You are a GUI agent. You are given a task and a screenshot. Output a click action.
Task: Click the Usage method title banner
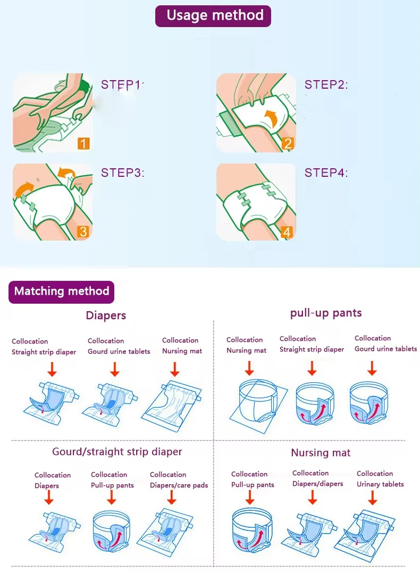213,16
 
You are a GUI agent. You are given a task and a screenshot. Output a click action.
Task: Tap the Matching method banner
62,291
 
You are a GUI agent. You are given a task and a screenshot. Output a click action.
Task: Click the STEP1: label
123,84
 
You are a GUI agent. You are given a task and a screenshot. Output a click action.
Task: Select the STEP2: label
326,84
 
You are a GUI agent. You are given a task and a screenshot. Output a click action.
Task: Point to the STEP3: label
123,173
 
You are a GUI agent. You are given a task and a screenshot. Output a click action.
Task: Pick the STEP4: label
326,173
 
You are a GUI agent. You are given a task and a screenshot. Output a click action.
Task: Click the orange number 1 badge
83,143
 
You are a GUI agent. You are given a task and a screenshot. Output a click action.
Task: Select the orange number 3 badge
83,231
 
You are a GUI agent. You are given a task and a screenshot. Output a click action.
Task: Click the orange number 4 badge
287,232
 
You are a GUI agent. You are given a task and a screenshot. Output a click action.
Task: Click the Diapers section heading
106,316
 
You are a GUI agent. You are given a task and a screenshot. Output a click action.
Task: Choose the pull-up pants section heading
326,313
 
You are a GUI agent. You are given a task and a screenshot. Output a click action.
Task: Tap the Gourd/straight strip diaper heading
117,452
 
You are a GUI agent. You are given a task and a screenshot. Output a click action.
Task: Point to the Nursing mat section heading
321,453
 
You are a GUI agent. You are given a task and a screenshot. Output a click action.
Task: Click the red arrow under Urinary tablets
373,497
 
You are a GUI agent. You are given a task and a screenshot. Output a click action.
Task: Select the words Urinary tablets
380,484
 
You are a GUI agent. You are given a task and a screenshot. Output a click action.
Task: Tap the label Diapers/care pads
179,485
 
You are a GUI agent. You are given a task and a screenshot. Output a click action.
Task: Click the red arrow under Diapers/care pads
171,497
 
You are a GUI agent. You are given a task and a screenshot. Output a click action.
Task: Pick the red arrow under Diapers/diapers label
312,497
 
